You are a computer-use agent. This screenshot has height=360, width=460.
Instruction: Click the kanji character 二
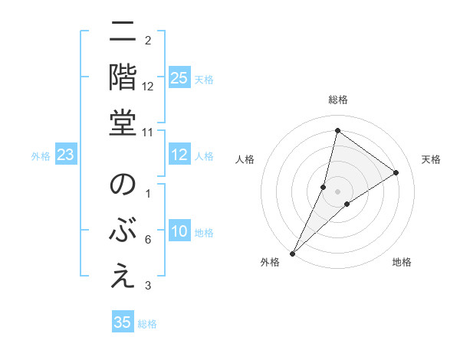point(123,34)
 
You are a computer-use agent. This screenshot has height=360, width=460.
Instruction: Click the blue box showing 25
point(179,78)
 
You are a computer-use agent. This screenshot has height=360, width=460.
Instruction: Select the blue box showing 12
point(179,155)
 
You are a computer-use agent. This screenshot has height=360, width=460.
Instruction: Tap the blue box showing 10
point(179,232)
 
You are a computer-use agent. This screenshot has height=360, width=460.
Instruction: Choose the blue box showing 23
point(66,155)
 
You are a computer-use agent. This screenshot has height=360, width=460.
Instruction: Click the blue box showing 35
point(123,322)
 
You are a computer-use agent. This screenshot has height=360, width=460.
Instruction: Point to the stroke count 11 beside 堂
point(148,132)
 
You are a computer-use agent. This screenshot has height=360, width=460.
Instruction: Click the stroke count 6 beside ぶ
point(148,241)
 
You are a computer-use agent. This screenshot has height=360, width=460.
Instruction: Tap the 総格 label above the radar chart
point(338,100)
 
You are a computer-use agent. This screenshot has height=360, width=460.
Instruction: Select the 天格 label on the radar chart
point(431,159)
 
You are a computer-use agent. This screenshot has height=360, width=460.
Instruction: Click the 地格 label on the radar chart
point(402,262)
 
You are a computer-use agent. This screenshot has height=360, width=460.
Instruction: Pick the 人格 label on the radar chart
point(245,159)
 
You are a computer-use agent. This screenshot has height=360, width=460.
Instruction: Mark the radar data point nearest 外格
point(293,253)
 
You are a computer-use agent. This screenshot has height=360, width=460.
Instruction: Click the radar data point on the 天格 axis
point(396,172)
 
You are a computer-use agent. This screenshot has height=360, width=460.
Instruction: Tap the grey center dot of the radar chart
point(337,191)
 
